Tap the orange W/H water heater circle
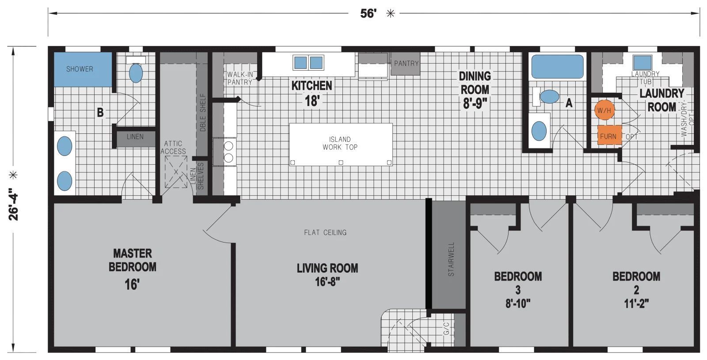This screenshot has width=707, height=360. click(604, 110)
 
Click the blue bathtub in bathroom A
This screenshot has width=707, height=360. click(557, 67)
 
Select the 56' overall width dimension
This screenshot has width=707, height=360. click(368, 14)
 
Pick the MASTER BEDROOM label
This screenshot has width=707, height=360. click(132, 261)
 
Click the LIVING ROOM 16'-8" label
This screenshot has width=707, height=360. click(327, 274)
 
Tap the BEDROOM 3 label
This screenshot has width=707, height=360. click(518, 283)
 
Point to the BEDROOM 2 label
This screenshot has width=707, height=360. click(636, 283)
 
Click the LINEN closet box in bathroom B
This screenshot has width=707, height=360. click(135, 137)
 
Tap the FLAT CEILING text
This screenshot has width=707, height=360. click(325, 232)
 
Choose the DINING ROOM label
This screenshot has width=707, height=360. click(475, 83)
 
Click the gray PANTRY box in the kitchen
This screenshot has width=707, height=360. click(406, 64)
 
